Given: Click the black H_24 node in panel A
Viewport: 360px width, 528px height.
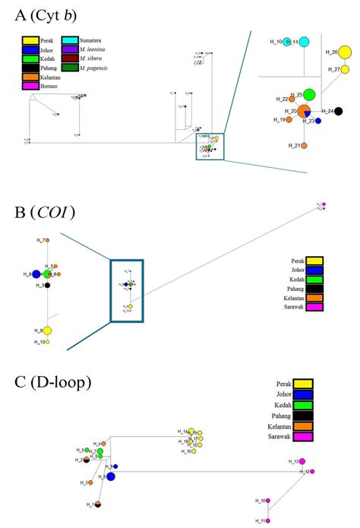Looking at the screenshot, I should [x=338, y=112].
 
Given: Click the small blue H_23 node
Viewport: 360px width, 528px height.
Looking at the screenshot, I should [x=319, y=121].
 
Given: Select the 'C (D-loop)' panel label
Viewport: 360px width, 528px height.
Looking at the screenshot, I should [x=46, y=382].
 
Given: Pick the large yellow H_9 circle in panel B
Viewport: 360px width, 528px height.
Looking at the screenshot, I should [x=47, y=330].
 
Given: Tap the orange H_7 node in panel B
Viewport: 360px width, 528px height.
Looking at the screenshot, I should [x=47, y=240].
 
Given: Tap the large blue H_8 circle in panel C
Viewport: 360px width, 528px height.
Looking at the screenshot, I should [x=111, y=476].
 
